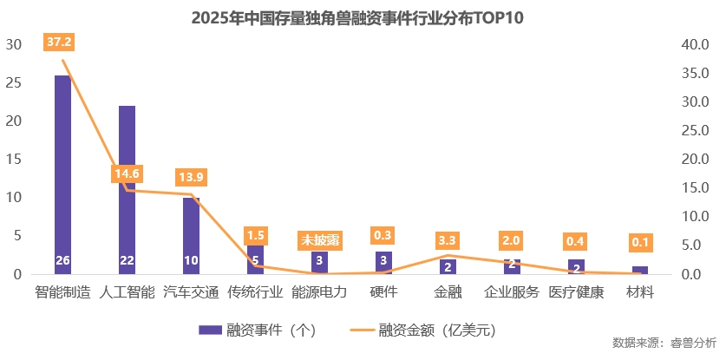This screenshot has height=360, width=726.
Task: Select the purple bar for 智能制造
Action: (62, 173)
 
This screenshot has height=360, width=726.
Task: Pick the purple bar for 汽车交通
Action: (191, 235)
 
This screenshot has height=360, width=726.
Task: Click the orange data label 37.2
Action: (61, 43)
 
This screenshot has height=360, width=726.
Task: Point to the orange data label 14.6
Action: (127, 173)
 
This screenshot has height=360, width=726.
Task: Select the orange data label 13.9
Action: (191, 178)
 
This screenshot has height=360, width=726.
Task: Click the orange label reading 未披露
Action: (319, 239)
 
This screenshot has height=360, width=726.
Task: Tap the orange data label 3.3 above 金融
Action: (448, 239)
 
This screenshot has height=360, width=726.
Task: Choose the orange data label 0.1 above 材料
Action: (640, 242)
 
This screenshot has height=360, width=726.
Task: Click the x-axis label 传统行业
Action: (255, 292)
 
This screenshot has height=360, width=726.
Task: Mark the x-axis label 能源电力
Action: (319, 292)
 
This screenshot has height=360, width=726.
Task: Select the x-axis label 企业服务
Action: (512, 292)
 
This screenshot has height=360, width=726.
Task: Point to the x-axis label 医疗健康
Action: (576, 292)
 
